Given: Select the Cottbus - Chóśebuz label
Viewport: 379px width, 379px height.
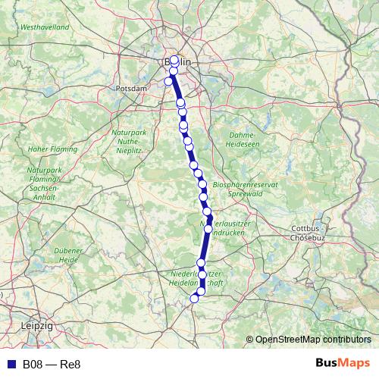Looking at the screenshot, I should tap(309, 232).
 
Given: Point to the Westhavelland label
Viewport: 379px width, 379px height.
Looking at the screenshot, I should tap(41, 27).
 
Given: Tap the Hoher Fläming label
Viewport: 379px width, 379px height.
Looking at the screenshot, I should tap(52, 149).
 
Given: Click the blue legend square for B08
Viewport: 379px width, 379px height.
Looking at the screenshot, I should tap(11, 364).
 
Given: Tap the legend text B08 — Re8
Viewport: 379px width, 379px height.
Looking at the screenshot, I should tap(52, 364).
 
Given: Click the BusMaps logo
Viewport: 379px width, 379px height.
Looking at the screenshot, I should tap(343, 363).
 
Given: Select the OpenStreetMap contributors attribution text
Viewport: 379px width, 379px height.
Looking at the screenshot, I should tap(312, 340).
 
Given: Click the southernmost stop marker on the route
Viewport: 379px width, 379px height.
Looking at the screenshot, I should tap(194, 299).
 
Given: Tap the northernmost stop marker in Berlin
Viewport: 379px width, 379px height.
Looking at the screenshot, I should tap(174, 58).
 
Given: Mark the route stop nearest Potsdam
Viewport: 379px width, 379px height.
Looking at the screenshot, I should tap(168, 81).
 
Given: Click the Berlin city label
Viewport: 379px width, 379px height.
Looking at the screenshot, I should tap(177, 62).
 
